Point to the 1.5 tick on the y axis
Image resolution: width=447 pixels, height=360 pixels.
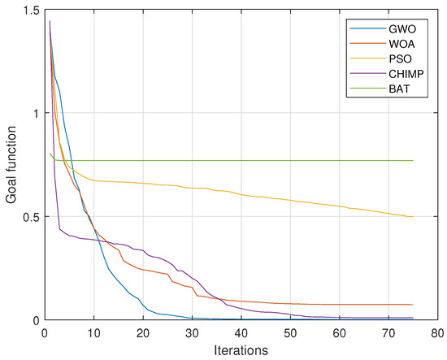coord(30,10)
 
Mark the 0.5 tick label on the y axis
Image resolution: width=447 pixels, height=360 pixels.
coord(30,216)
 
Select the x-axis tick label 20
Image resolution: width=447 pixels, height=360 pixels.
coord(143,333)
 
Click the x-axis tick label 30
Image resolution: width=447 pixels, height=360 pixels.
coord(192,333)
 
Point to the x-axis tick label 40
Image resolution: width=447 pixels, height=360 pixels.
coord(241,333)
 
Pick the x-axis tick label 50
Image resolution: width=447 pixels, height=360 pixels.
coord(290,333)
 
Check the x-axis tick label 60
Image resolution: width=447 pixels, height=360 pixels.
coord(340,333)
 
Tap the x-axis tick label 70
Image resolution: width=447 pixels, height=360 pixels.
coord(388,333)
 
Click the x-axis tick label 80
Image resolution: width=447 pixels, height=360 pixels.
coord(437,333)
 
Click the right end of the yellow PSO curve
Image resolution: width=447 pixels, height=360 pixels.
coord(413,217)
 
